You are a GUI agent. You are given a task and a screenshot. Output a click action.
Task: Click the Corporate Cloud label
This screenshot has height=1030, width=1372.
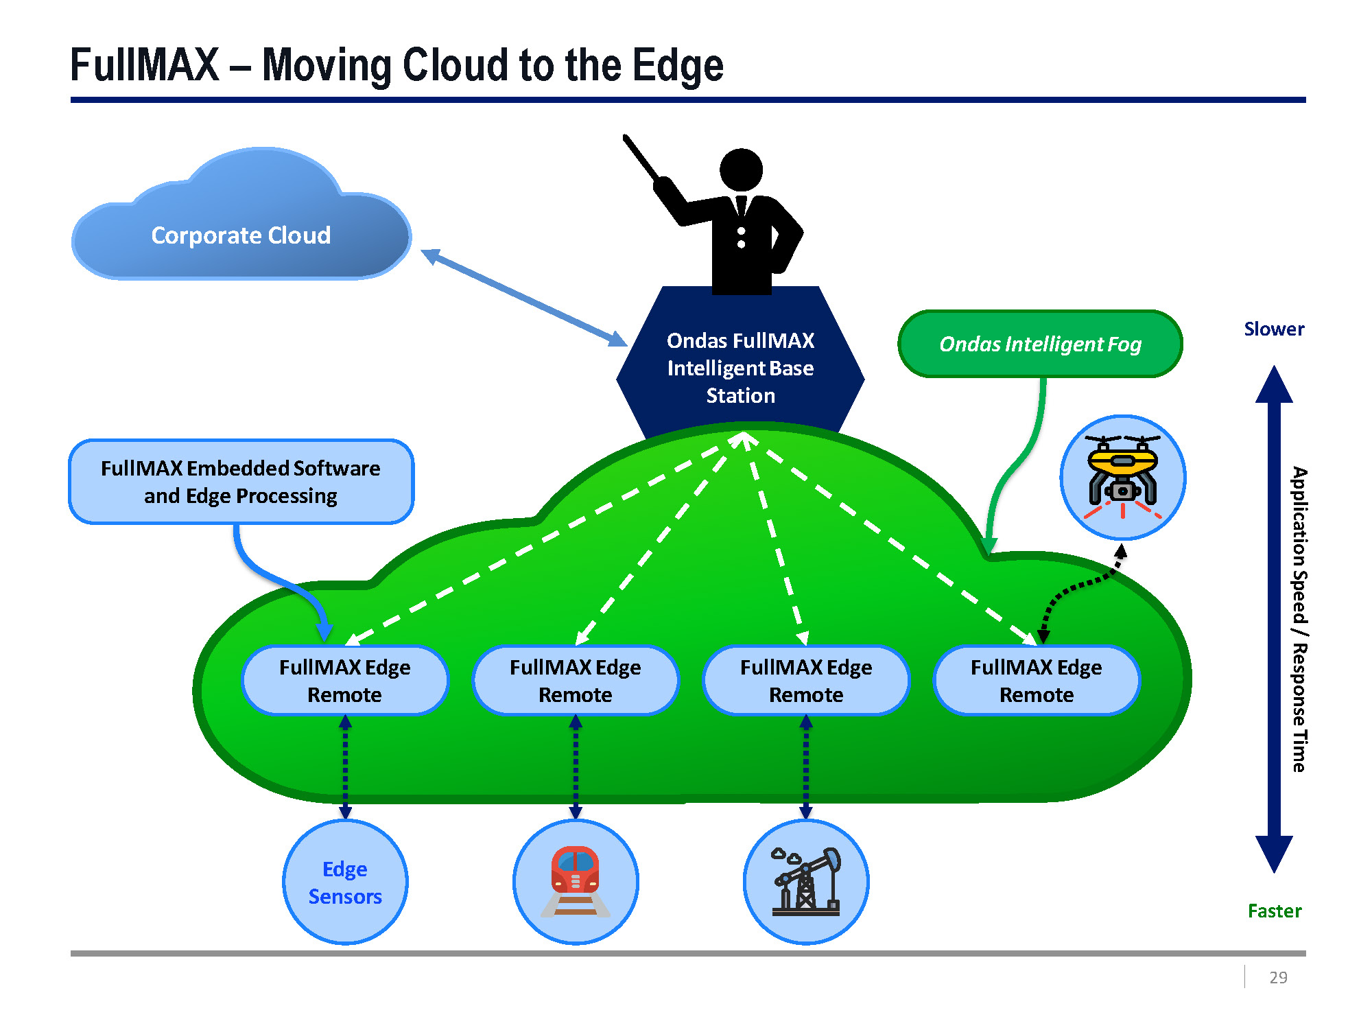tap(241, 235)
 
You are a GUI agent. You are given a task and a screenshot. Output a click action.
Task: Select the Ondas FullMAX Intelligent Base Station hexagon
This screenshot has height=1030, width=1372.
tap(740, 368)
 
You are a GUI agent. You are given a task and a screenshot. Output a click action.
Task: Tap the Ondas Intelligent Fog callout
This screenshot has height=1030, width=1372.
tap(1040, 344)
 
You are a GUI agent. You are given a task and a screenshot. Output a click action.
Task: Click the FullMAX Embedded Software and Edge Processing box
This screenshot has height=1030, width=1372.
tap(241, 482)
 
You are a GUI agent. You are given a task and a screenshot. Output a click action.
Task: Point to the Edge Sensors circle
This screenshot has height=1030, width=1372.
tap(345, 882)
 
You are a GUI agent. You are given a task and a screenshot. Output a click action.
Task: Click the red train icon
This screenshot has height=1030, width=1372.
tap(576, 881)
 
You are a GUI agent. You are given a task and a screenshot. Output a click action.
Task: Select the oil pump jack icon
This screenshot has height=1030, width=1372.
tap(806, 882)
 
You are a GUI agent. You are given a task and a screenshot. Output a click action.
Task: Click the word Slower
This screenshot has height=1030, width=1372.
tap(1274, 329)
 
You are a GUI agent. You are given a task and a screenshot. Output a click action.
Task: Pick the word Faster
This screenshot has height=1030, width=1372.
tap(1274, 911)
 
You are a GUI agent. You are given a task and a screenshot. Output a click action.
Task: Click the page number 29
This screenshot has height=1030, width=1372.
tap(1278, 977)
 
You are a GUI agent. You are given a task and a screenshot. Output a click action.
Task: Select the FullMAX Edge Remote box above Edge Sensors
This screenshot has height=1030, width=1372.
tap(345, 681)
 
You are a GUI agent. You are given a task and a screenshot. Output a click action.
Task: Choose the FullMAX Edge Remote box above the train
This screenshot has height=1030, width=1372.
tap(576, 681)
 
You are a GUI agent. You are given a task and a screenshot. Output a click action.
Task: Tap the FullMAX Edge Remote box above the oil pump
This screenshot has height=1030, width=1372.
tap(806, 681)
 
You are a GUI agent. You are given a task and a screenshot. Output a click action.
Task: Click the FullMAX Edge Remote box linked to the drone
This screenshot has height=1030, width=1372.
tap(1037, 681)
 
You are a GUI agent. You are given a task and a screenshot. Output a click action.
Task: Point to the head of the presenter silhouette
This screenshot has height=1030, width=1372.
tap(741, 169)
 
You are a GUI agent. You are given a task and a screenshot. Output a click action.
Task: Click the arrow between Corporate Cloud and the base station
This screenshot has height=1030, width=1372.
tap(524, 298)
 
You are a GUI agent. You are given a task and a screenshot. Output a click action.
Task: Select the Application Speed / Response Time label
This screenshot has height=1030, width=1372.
tap(1299, 620)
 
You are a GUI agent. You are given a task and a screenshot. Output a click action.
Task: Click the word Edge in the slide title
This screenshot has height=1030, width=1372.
tap(678, 67)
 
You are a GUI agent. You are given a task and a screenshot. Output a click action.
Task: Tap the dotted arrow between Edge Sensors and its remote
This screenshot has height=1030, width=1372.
tap(345, 767)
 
